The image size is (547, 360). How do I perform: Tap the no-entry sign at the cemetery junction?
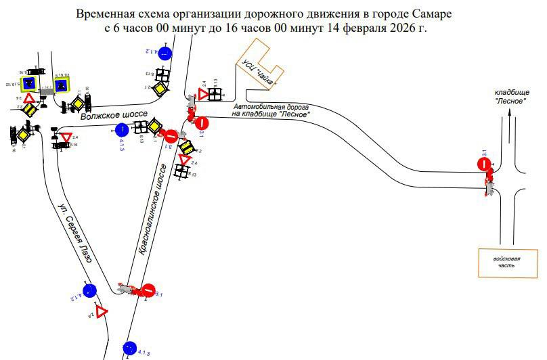point(484,163)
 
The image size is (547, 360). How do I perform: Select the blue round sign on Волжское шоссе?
point(122,129)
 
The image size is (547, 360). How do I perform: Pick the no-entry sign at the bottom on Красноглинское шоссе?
point(149,292)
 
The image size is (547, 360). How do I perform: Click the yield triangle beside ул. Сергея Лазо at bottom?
point(102,312)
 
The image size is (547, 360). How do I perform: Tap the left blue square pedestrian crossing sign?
point(29,83)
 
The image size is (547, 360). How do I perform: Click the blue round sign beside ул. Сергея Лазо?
point(89,291)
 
